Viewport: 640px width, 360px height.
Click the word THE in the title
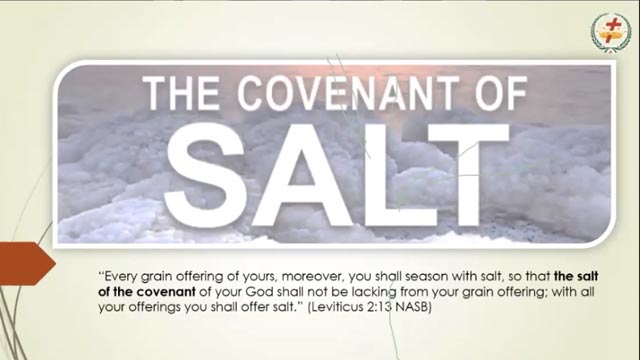pos(180,93)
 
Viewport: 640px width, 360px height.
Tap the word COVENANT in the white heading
pos(348,93)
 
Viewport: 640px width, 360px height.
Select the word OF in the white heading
pos(501,93)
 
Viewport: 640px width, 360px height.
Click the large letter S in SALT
pos(206,175)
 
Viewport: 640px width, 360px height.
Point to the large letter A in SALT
pos(301,175)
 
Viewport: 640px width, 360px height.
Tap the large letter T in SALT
pos(469,175)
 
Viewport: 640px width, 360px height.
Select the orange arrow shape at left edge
pos(26,263)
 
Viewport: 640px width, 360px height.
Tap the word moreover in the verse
pos(313,277)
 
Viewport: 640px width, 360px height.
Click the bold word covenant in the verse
pos(166,292)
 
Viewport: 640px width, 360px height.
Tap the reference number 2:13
pos(379,307)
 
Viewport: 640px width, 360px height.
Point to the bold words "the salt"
pos(576,277)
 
